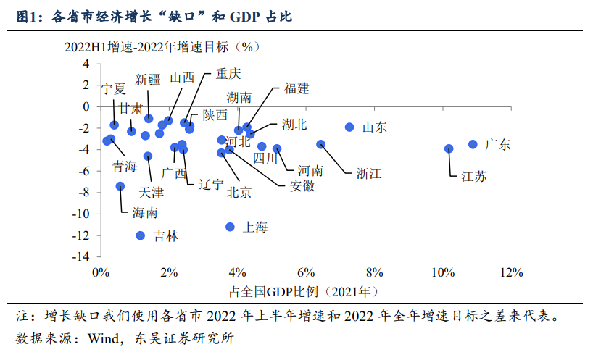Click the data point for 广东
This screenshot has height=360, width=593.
473,144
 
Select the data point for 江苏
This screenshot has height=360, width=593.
449,148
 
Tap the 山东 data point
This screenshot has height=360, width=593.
349,127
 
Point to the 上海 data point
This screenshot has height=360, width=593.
230,227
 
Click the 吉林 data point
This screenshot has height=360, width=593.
141,235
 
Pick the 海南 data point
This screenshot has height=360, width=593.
120,186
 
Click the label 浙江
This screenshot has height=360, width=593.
368,173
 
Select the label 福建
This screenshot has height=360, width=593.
296,88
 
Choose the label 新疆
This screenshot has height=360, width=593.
148,80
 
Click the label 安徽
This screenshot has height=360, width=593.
302,185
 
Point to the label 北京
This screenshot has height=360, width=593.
239,192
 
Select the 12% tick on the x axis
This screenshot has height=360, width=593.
510,273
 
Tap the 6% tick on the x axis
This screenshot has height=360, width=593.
306,273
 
